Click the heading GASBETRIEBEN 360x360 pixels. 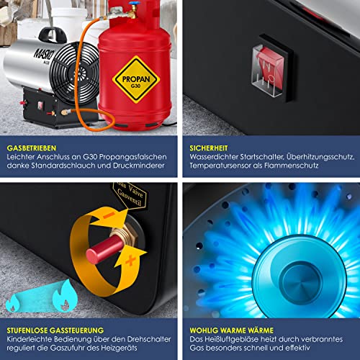point(30,145)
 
